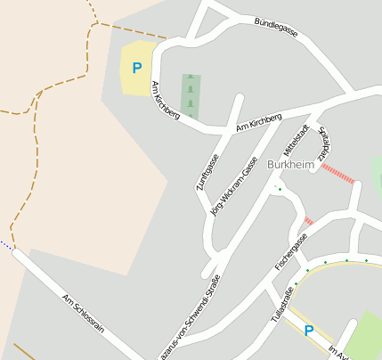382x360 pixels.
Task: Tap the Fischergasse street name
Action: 291,252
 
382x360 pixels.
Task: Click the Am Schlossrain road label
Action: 83,313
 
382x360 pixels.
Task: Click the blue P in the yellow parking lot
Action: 136,67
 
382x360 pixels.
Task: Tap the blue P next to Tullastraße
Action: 309,331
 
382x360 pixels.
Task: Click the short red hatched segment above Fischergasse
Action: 309,221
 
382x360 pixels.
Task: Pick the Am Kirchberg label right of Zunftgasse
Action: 258,123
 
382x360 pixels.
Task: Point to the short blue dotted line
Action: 6,246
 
